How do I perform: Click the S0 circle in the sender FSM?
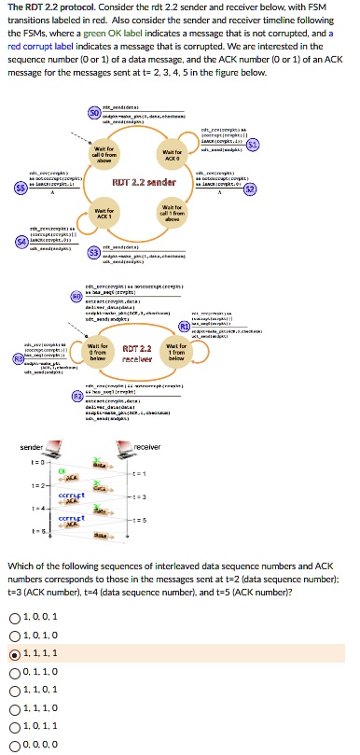(94, 113)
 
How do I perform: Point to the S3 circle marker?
(93, 252)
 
